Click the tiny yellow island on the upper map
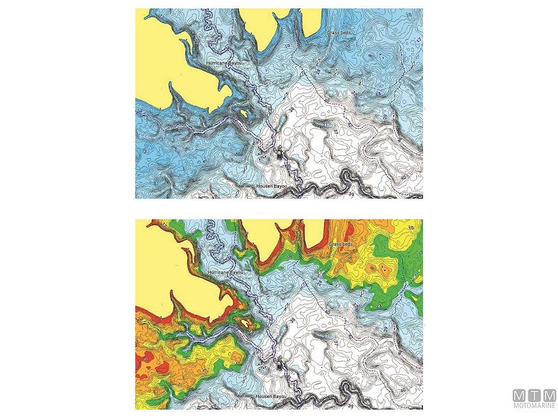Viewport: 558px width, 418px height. tap(243, 111)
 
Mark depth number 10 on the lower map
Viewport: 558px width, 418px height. tap(411, 227)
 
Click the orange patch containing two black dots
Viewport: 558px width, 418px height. tap(380, 267)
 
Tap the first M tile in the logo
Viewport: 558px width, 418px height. tap(520, 395)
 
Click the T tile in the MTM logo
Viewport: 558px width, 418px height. tap(534, 395)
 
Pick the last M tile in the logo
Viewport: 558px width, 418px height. tap(549, 395)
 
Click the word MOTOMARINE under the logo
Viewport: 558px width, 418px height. tap(534, 407)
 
